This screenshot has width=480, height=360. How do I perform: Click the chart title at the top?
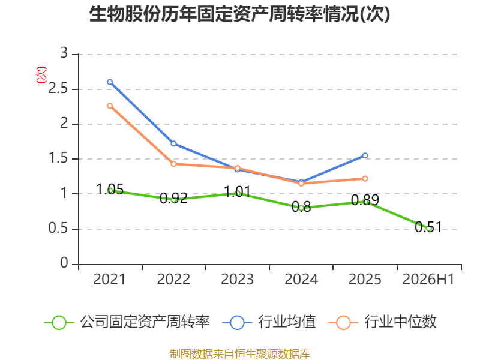(239, 14)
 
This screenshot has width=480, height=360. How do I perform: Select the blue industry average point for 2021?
(110, 82)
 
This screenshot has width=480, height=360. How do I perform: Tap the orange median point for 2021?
(110, 106)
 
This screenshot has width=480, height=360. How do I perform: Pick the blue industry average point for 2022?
(173, 143)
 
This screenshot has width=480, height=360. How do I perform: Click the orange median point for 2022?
(173, 164)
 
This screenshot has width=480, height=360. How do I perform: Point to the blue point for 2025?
(365, 155)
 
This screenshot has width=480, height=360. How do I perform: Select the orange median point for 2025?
(365, 178)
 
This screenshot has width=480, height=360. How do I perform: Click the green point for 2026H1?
(429, 229)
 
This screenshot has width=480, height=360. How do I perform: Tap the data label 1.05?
(110, 189)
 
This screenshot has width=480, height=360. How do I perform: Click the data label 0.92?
(173, 198)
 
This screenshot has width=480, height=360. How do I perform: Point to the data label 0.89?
(365, 200)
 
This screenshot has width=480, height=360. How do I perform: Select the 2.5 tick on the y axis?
(58, 89)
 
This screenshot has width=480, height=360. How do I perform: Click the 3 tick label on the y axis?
(64, 53)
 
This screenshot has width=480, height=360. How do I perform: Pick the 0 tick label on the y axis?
(64, 263)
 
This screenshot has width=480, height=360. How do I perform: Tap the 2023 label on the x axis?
(237, 280)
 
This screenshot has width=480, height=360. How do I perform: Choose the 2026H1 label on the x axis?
(428, 280)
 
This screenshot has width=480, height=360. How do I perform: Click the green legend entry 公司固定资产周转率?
(127, 322)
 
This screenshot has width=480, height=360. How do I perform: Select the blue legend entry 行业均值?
(269, 322)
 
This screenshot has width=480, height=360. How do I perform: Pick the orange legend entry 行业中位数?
(382, 322)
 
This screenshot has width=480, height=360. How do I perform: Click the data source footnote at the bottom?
(240, 354)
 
